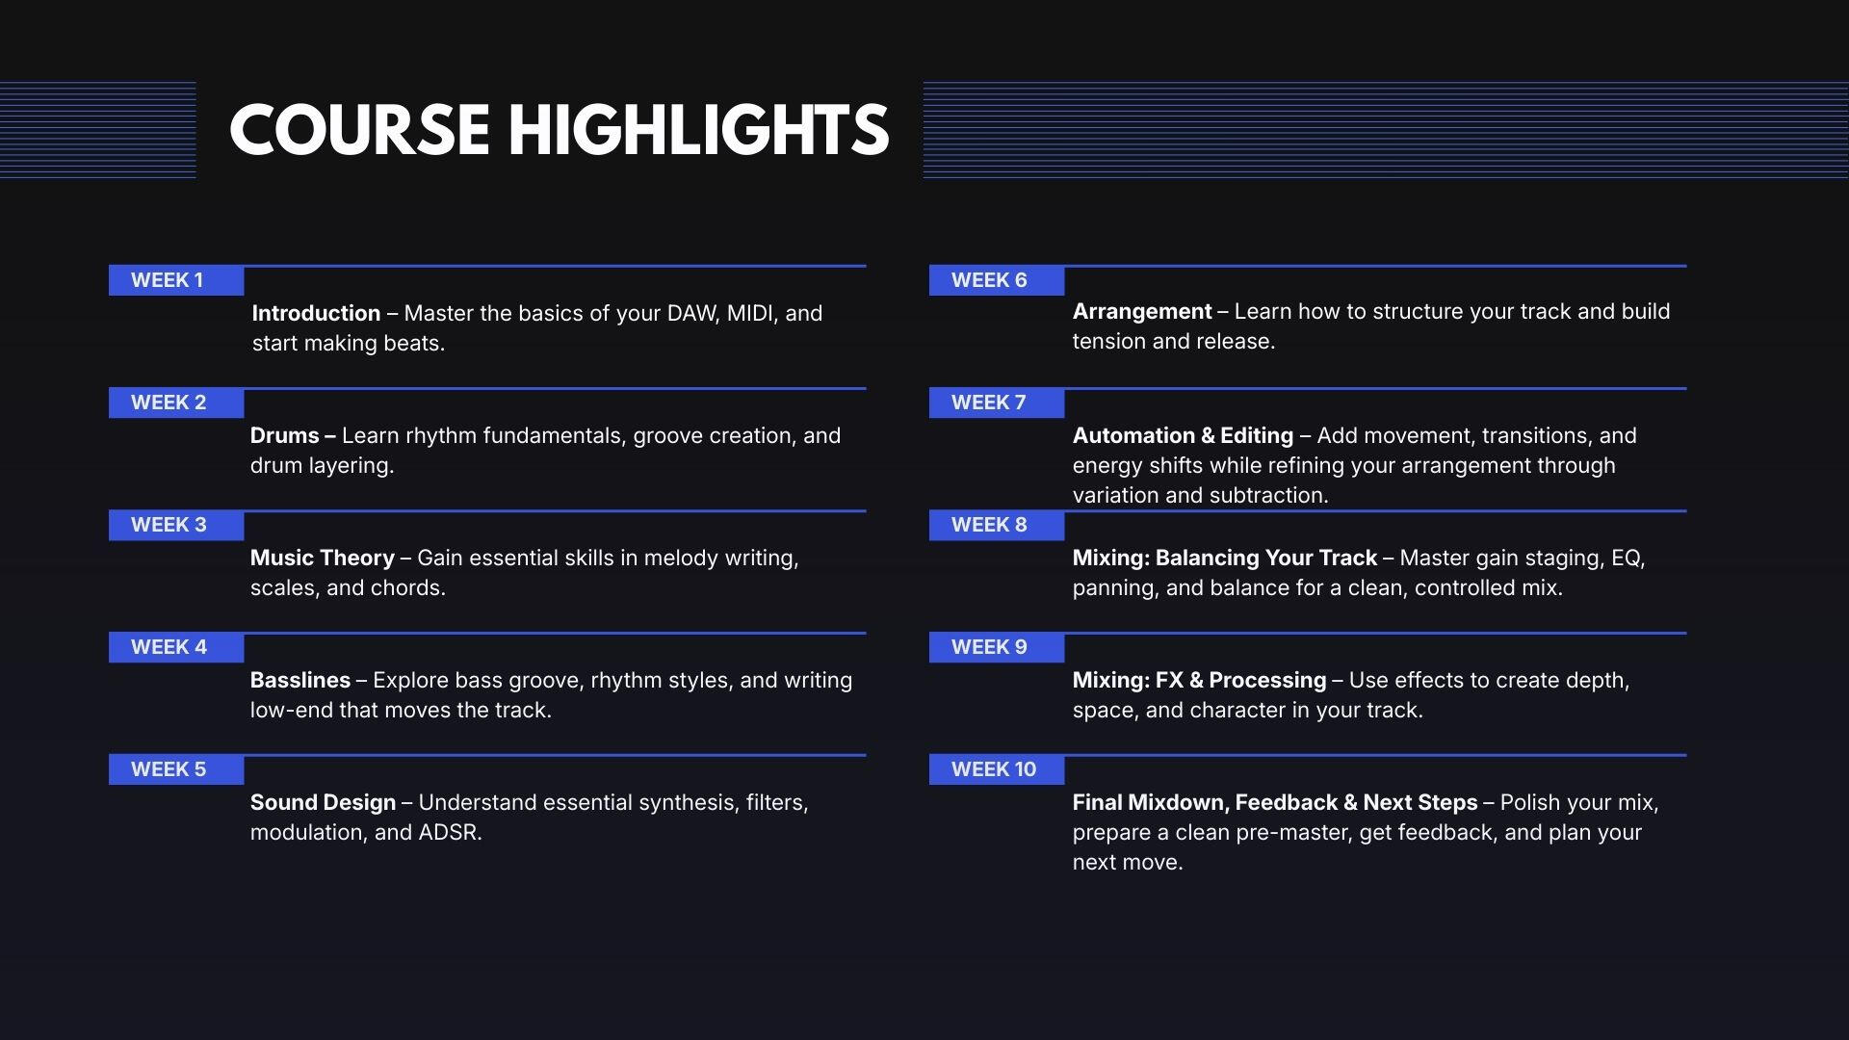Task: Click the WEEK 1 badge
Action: pyautogui.click(x=176, y=280)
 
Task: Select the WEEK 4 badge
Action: pyautogui.click(x=176, y=647)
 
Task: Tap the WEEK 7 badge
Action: pyautogui.click(x=997, y=403)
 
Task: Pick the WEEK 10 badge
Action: pyautogui.click(x=997, y=769)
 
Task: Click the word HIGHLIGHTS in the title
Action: pyautogui.click(x=698, y=130)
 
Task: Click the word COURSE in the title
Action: pyautogui.click(x=358, y=130)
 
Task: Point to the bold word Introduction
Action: pyautogui.click(x=316, y=313)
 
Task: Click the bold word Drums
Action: pyautogui.click(x=284, y=435)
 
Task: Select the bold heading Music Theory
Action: pyautogui.click(x=323, y=558)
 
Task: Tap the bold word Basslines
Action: pyautogui.click(x=300, y=680)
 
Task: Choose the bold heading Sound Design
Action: pyautogui.click(x=324, y=802)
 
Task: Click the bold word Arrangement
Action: pyautogui.click(x=1142, y=311)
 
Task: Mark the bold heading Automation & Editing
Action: pyautogui.click(x=1183, y=435)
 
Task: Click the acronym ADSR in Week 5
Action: pyautogui.click(x=450, y=832)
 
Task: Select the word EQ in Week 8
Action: pyautogui.click(x=1628, y=559)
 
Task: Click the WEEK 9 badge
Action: pyautogui.click(x=997, y=647)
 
